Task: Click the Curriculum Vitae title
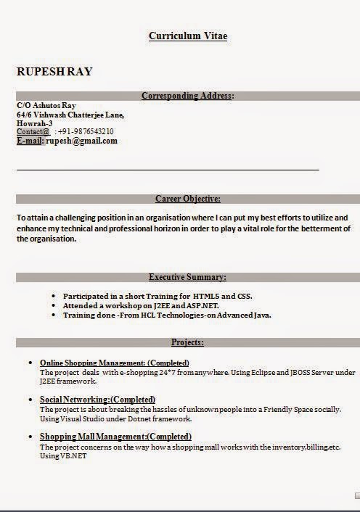188,36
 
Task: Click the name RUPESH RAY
54,72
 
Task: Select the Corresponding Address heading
188,96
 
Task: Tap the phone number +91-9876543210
86,132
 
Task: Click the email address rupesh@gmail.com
82,141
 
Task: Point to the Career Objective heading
188,199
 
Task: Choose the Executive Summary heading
188,277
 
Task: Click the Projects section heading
188,342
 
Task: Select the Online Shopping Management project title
115,363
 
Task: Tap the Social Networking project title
97,400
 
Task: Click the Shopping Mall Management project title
115,437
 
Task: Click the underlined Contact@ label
33,132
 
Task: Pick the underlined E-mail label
30,141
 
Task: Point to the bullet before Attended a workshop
54,306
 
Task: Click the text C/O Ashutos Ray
46,106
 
